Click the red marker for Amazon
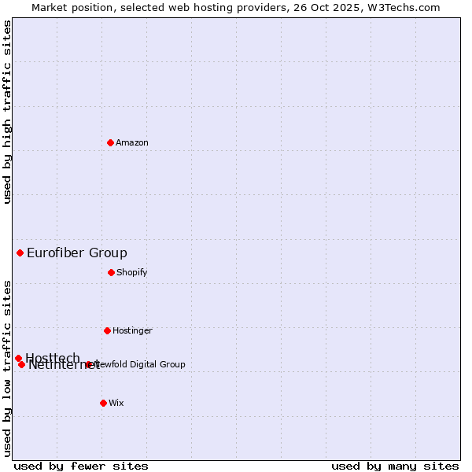110,142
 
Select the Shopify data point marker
111,272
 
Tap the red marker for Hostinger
107,330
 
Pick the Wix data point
103,403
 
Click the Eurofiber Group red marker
20,253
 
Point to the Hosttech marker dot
18,358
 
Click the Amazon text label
132,142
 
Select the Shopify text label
132,272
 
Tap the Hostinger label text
132,330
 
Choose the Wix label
116,403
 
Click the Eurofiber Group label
77,253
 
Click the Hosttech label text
52,358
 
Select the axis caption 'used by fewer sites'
81,466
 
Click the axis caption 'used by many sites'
395,466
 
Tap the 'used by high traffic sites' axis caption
7,112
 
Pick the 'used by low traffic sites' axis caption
7,367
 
